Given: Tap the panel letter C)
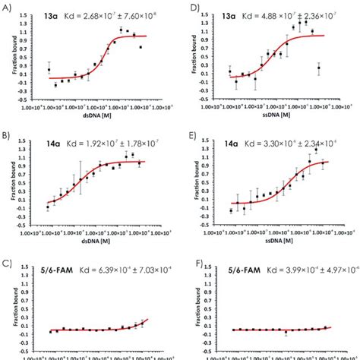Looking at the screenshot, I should tap(8, 264).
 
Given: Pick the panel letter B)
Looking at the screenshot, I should tap(8, 135).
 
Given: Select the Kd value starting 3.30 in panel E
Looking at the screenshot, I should tap(295, 141).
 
